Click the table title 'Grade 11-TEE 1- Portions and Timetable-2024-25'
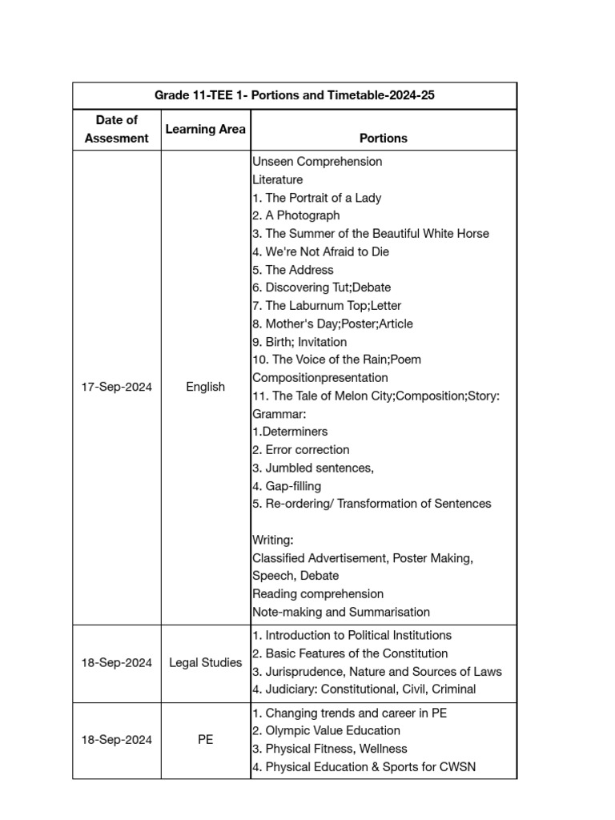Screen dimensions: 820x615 pyautogui.click(x=295, y=95)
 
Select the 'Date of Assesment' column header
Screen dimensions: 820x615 pyautogui.click(x=117, y=129)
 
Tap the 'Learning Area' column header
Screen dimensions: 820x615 pyautogui.click(x=205, y=129)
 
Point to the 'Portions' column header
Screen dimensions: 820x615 pyautogui.click(x=384, y=139)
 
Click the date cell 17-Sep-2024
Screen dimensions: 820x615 pyautogui.click(x=117, y=387)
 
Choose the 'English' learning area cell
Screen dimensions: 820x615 pyautogui.click(x=205, y=387)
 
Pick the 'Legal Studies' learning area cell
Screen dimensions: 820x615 pyautogui.click(x=205, y=663)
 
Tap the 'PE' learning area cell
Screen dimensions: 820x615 pyautogui.click(x=205, y=740)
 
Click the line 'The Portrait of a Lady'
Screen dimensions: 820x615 pyautogui.click(x=316, y=198)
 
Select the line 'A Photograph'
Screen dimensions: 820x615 pyautogui.click(x=295, y=215)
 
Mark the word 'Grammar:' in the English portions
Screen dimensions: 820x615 pyautogui.click(x=279, y=414)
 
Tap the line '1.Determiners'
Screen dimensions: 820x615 pyautogui.click(x=290, y=432)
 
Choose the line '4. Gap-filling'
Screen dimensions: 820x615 pyautogui.click(x=287, y=486)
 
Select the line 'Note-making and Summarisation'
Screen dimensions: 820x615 pyautogui.click(x=341, y=613)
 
